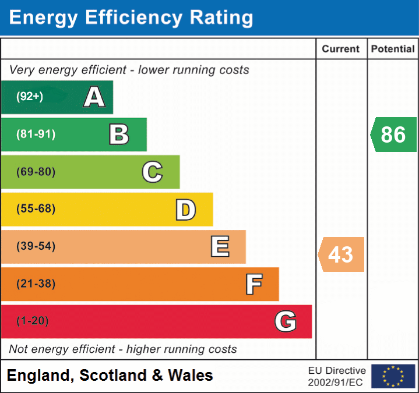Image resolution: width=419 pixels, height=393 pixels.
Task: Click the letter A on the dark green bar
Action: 94,97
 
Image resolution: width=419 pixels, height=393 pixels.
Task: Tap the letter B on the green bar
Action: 119,134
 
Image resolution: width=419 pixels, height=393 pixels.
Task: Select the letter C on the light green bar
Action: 152,172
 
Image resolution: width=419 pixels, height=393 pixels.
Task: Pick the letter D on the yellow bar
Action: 185,210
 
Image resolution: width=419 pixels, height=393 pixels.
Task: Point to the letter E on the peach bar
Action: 220,247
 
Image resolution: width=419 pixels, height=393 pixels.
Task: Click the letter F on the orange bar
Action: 253,284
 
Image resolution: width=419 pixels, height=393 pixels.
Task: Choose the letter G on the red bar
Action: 286,321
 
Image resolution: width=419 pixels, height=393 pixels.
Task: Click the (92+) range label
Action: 30,97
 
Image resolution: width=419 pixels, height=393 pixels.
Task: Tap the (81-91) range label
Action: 36,134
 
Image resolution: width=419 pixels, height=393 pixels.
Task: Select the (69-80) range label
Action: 36,172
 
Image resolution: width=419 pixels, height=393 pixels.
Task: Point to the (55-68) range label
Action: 36,209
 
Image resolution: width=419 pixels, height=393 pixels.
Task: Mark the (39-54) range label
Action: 36,246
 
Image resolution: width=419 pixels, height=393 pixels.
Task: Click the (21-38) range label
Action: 36,284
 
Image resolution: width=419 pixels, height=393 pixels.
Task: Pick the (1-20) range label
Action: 33,321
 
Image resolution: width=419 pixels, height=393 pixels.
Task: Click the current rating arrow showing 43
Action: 341,254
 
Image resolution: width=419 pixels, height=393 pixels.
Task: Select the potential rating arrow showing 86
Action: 393,134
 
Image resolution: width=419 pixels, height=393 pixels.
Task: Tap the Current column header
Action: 341,49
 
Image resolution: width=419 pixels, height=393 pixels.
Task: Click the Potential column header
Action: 393,49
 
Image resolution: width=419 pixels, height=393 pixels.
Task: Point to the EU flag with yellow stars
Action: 393,376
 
